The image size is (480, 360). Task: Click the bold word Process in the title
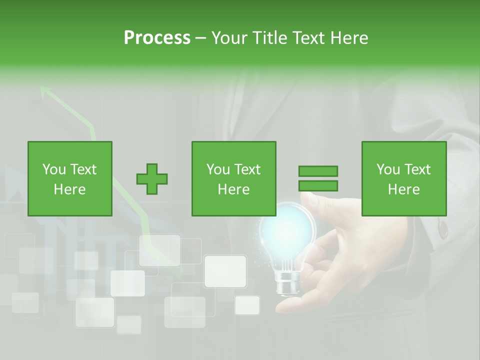coord(157,37)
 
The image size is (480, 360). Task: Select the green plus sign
coord(152,179)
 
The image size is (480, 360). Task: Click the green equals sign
coord(318,178)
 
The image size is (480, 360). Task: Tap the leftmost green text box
coord(70,178)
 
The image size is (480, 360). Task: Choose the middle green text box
coord(233,178)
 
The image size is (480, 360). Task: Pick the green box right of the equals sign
coord(403,178)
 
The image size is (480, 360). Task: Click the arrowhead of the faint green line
coord(45,91)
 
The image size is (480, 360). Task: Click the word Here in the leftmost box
coord(69,189)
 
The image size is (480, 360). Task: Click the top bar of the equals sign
coord(318,171)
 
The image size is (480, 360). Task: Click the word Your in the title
coord(230,37)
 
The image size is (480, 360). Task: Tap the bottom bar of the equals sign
coord(318,186)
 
